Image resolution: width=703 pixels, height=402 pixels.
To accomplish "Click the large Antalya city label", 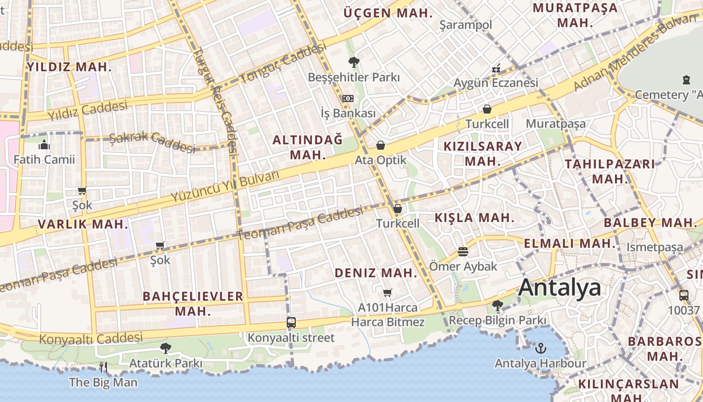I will tap(559, 288).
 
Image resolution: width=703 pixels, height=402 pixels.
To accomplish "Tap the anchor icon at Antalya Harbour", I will tap(540, 348).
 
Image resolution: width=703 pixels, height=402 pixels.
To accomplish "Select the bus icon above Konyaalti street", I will tap(291, 323).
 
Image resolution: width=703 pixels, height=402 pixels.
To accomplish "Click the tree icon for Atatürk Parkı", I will tap(165, 348).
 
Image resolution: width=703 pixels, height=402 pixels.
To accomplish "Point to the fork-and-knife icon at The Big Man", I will tap(103, 367).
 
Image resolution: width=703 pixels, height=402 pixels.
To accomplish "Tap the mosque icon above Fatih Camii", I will tap(44, 145).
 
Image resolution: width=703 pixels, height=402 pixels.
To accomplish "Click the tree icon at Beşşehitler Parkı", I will tap(354, 62).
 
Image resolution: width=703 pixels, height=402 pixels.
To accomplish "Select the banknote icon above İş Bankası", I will tap(347, 98).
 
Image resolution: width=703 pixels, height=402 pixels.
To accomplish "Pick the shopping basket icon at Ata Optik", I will tap(381, 146).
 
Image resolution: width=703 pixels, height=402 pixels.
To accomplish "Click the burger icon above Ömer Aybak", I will tap(462, 251).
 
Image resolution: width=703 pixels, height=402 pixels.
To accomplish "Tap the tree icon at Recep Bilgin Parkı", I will tap(497, 305).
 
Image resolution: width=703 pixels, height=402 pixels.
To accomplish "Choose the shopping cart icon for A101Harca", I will tap(387, 292).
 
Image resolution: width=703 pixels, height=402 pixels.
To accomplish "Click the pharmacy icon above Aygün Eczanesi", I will tap(496, 68).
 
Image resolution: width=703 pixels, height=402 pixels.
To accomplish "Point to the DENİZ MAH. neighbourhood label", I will tap(376, 273).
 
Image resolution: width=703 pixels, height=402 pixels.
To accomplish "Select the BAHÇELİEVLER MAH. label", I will tap(193, 304).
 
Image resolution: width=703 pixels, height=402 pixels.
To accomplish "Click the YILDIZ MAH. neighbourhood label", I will tap(69, 67).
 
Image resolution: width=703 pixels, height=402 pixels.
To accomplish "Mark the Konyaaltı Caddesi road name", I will tap(91, 338).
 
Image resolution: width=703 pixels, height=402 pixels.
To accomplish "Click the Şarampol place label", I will tap(465, 25).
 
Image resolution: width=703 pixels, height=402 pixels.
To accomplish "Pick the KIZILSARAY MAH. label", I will tap(483, 153).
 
